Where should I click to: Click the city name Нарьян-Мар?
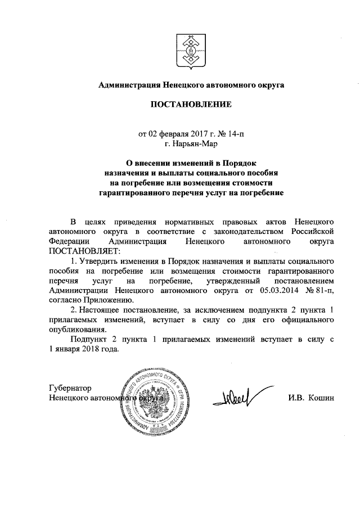[x=188, y=144]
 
